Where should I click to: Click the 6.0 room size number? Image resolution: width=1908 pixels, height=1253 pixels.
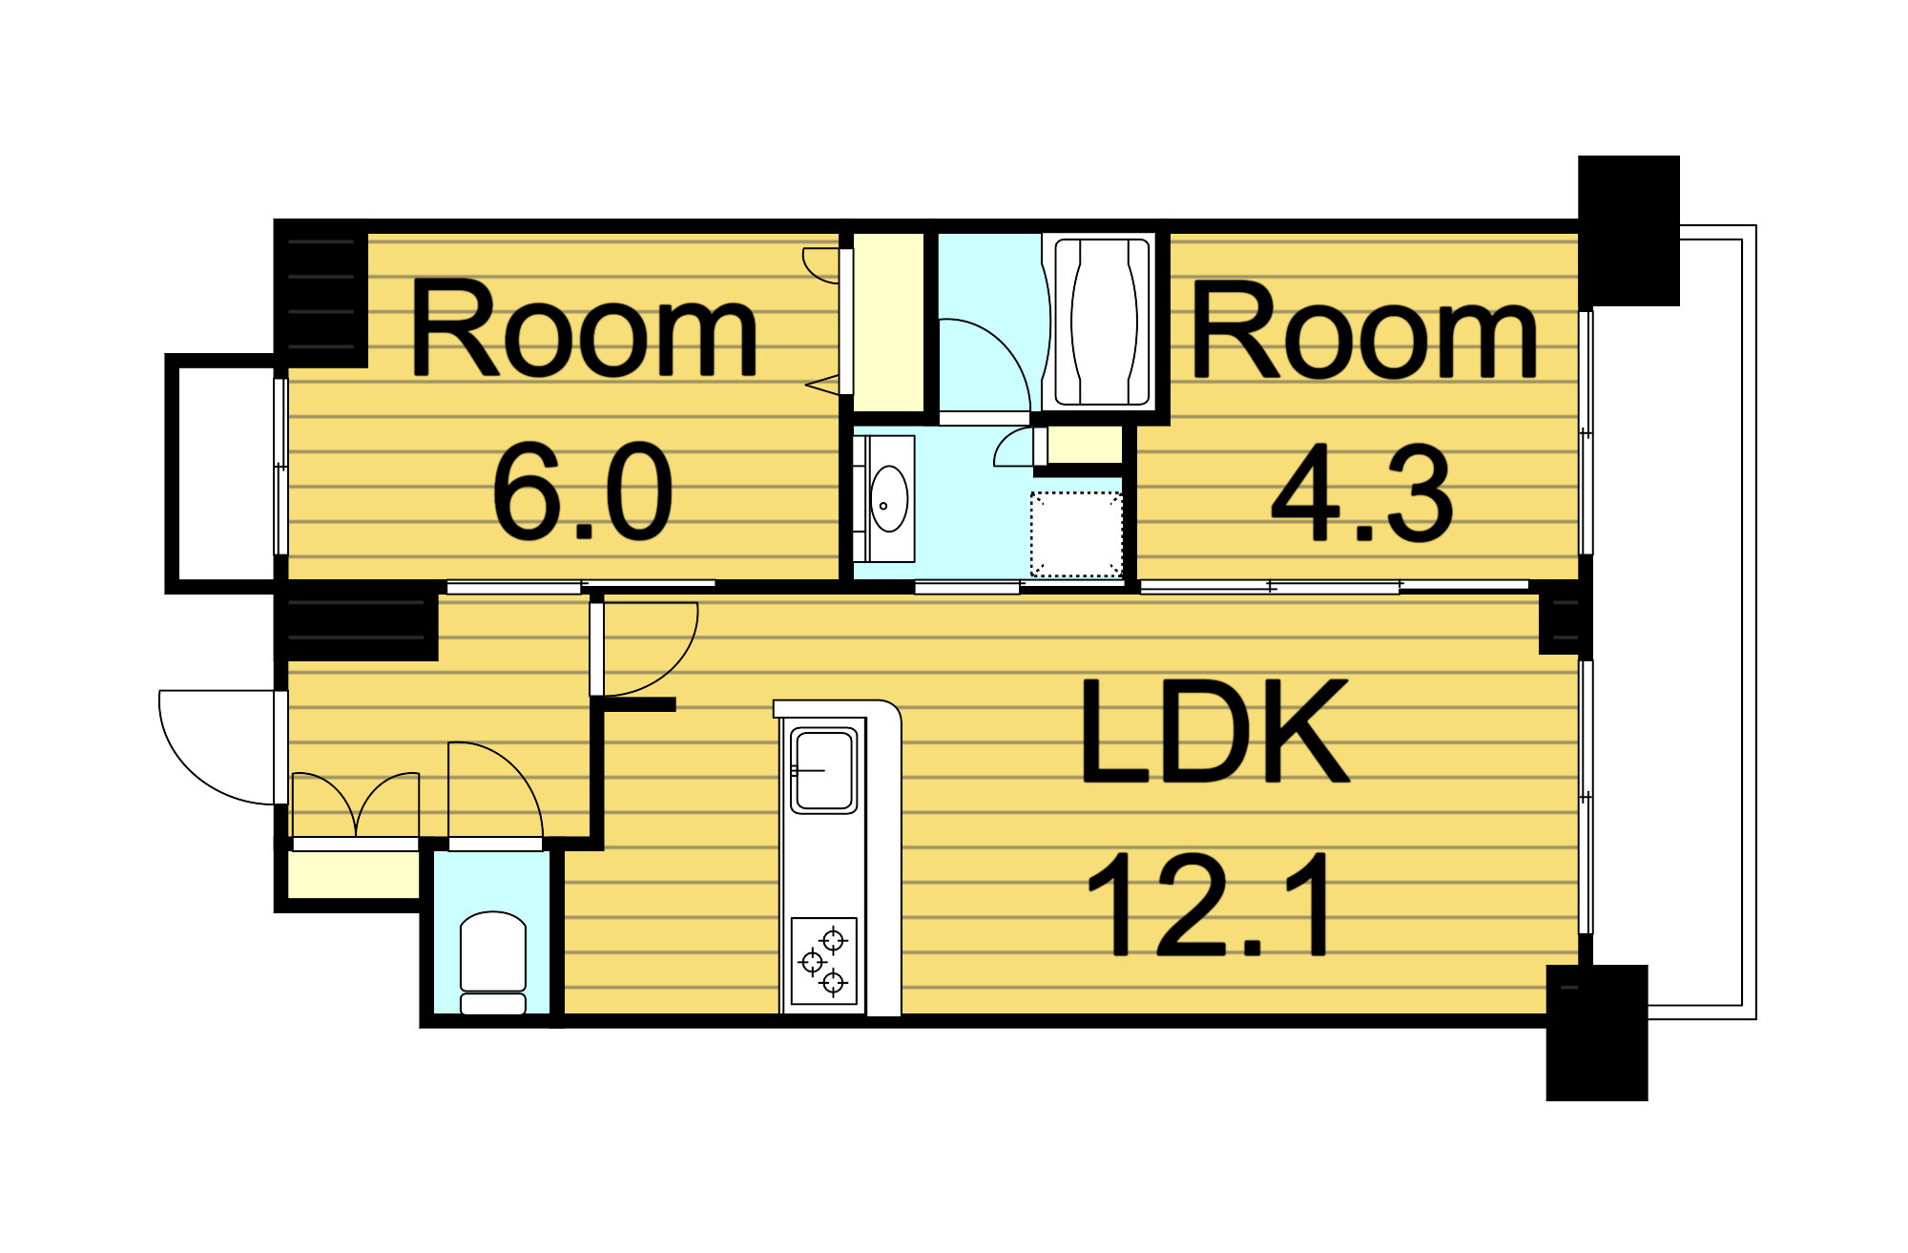[x=583, y=491]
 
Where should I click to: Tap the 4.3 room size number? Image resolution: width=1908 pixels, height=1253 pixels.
[x=1362, y=493]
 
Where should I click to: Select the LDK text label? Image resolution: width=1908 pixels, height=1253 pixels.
[x=1213, y=731]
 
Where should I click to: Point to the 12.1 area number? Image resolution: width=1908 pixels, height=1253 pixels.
[x=1209, y=905]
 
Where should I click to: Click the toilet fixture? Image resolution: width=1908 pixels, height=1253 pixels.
[x=492, y=963]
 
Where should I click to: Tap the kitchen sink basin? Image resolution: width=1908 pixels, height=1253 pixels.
[x=823, y=770]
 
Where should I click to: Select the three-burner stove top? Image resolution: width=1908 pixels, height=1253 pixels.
[x=824, y=960]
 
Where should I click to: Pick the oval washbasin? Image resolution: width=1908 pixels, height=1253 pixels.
[x=889, y=498]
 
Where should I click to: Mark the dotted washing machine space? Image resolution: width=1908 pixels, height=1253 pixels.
[x=1076, y=534]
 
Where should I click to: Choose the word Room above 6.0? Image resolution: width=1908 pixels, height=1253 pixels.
[x=583, y=328]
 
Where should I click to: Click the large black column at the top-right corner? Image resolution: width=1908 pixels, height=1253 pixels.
[x=1628, y=231]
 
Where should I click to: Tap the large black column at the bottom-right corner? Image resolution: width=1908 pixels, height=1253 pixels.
[x=1597, y=1033]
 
